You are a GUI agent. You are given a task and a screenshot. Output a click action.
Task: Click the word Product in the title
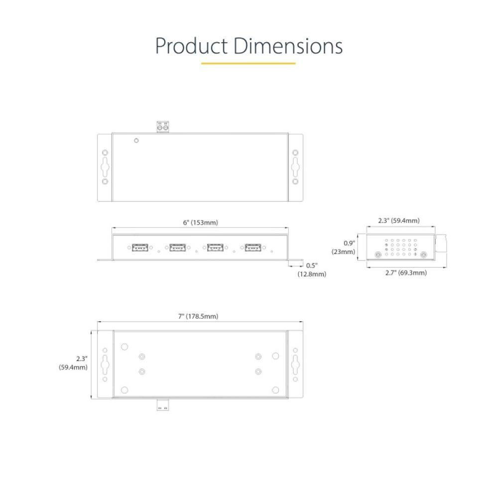click(191, 46)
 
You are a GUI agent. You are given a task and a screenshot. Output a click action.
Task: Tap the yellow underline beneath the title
click(248, 63)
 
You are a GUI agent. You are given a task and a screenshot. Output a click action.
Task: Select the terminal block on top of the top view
click(163, 127)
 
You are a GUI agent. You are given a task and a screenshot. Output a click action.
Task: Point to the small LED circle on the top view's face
click(136, 140)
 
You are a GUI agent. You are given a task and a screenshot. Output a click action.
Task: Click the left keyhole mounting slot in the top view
click(105, 167)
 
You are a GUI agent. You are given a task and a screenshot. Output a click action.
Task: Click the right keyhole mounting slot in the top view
click(295, 167)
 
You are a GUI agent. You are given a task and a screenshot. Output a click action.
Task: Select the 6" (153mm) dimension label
click(200, 223)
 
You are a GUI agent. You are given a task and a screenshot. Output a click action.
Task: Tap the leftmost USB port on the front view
click(140, 247)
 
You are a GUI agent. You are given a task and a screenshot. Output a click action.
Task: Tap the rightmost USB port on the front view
click(253, 247)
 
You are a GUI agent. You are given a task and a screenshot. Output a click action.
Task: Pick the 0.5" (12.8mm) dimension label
click(312, 270)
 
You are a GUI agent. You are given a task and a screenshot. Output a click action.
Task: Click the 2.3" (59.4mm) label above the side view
click(399, 221)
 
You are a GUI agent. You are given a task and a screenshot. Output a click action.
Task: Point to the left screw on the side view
click(378, 255)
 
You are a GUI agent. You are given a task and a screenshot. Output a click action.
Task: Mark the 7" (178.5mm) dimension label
click(200, 316)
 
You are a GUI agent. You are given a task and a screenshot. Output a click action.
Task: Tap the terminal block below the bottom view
click(163, 405)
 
